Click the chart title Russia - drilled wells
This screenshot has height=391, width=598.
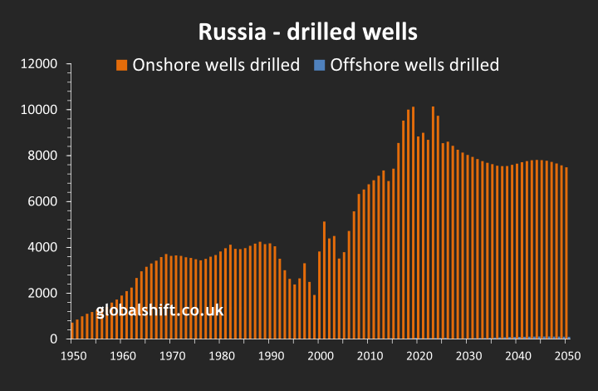(307, 32)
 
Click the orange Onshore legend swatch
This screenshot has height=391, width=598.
(121, 65)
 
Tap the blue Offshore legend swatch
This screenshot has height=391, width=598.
(318, 65)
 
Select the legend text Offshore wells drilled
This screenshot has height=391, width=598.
(414, 65)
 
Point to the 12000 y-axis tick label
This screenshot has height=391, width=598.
(38, 64)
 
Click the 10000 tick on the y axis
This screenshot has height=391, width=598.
(38, 110)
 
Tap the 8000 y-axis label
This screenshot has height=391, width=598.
(42, 156)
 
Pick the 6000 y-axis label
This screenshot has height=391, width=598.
(42, 201)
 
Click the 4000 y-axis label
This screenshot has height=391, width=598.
(42, 247)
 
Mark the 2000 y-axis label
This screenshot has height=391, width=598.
(42, 293)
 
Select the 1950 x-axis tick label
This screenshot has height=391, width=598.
(72, 356)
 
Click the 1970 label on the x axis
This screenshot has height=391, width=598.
(171, 356)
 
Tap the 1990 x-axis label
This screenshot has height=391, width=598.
(271, 356)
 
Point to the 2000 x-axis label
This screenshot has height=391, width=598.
(321, 356)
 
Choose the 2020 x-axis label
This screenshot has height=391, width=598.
(419, 356)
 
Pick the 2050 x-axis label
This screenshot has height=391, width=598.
(568, 356)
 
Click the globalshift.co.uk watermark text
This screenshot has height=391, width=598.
(159, 312)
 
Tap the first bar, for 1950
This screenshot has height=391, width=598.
(72, 330)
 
